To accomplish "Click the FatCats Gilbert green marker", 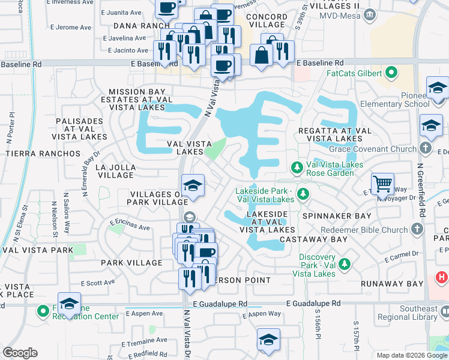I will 392,74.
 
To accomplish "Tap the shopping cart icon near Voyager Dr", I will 382,183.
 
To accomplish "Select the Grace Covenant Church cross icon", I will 426,148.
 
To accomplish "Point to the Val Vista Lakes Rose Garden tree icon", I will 296,166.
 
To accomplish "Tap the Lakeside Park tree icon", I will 304,193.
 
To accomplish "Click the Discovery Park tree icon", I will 345,263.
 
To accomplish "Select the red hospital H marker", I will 442,278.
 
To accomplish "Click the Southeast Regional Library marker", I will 445,311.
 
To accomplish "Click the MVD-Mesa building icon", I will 370,14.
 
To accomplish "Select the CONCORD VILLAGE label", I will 267,20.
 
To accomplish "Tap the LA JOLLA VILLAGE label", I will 115,171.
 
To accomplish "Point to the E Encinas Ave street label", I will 130,228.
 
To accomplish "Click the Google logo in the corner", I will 20,353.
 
